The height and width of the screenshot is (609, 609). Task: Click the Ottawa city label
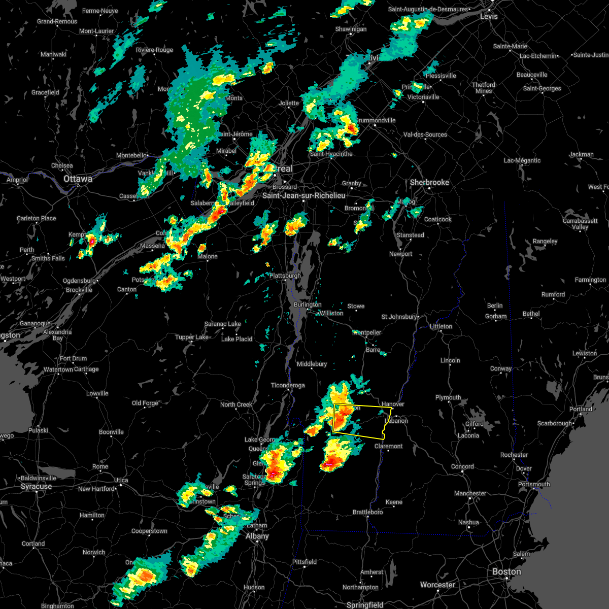pyautogui.click(x=78, y=179)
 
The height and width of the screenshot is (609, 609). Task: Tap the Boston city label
pyautogui.click(x=506, y=572)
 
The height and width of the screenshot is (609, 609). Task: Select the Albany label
pyautogui.click(x=257, y=536)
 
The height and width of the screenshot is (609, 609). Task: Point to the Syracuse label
pyautogui.click(x=36, y=487)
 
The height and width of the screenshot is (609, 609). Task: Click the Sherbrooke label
pyautogui.click(x=430, y=182)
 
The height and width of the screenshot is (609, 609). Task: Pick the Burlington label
pyautogui.click(x=307, y=304)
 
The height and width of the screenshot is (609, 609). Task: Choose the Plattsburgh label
pyautogui.click(x=285, y=276)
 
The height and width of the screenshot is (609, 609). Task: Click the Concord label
pyautogui.click(x=462, y=466)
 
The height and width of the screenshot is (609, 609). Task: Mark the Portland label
pyautogui.click(x=581, y=409)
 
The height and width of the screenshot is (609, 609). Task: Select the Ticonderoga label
pyautogui.click(x=288, y=385)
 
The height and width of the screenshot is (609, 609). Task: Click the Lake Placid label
pyautogui.click(x=236, y=339)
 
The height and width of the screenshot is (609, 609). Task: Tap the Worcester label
pyautogui.click(x=437, y=585)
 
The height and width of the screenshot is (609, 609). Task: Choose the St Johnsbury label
pyautogui.click(x=399, y=317)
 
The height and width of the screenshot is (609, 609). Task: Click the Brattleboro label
pyautogui.click(x=367, y=512)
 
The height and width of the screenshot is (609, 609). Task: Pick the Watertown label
pyautogui.click(x=58, y=369)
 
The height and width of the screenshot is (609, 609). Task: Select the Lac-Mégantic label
pyautogui.click(x=522, y=160)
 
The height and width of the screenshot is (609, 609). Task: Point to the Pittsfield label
pyautogui.click(x=304, y=562)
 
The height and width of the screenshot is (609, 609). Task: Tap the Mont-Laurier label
pyautogui.click(x=96, y=31)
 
